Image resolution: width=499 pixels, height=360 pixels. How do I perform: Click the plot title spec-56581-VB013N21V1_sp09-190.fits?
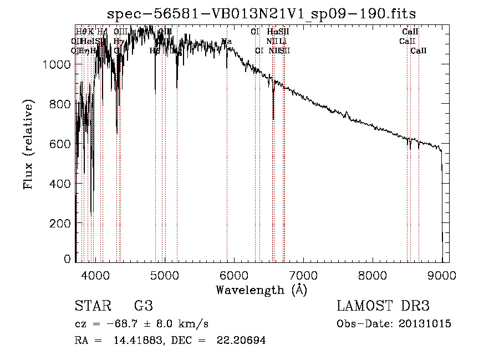point(261,13)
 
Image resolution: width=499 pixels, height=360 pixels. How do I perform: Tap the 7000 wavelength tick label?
point(303,274)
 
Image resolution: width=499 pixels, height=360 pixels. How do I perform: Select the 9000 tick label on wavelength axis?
point(442,274)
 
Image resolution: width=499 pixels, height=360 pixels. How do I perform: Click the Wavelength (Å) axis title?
point(261,290)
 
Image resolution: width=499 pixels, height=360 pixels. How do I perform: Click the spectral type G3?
point(142,306)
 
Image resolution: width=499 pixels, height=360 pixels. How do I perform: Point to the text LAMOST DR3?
point(383,306)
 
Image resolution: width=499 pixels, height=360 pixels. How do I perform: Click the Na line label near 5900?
point(226,41)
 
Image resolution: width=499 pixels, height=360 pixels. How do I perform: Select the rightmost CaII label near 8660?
point(419,50)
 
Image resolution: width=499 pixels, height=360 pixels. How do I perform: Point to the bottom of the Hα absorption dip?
point(273,118)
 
